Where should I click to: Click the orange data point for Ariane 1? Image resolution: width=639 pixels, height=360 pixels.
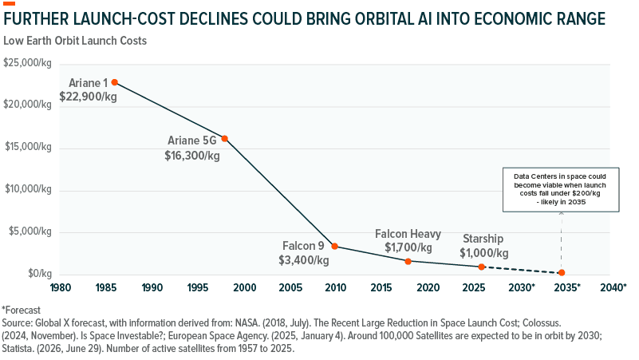tap(115, 82)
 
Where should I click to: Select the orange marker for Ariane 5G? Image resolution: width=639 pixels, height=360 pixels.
tap(224, 139)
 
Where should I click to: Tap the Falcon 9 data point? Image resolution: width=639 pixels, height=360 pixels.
tap(334, 246)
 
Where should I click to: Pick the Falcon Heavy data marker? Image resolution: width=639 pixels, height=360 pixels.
tap(408, 261)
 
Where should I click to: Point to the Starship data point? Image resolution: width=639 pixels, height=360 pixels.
tap(481, 267)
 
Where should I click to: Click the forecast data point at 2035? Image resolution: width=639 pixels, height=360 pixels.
tap(562, 273)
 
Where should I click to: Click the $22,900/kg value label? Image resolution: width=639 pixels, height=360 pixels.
tap(88, 97)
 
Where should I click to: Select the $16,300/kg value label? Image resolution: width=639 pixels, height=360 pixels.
tap(192, 156)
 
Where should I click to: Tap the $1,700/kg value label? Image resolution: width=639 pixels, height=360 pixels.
tap(408, 247)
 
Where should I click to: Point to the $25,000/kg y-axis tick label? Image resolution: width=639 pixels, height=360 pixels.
tap(27, 63)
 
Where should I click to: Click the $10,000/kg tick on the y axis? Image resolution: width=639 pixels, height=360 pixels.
tap(28, 189)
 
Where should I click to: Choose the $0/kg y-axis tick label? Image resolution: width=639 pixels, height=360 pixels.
tap(40, 273)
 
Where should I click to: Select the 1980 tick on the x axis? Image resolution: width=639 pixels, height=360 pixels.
tap(61, 288)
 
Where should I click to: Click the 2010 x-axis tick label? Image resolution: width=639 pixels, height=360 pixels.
tap(335, 288)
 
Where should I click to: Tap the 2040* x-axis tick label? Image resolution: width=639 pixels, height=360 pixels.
tap(613, 288)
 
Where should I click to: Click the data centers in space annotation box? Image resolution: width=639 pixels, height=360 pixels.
tap(561, 190)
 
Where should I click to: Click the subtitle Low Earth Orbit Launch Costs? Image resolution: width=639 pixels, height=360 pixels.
tap(75, 41)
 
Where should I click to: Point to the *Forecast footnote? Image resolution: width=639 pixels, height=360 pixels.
tap(22, 311)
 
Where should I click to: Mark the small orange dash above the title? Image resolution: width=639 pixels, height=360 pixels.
tap(9, 4)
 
